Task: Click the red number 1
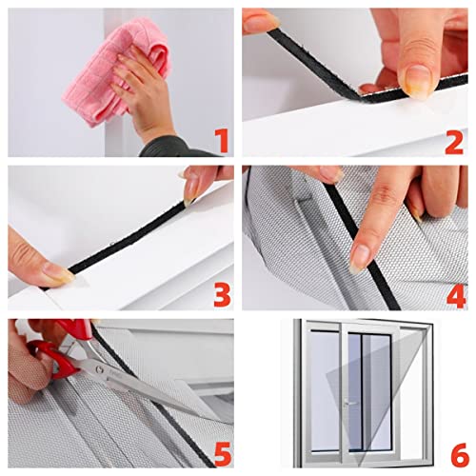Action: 221,141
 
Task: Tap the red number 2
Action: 453,141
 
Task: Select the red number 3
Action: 221,294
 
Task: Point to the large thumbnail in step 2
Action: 417,81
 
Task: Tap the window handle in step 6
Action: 347,403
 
